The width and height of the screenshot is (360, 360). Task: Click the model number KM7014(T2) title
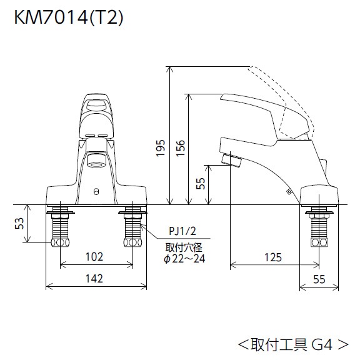(x=69, y=18)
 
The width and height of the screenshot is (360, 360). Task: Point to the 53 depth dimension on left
(x=19, y=222)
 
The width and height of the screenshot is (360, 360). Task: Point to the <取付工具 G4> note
(x=292, y=343)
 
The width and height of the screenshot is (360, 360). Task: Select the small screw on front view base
(x=96, y=192)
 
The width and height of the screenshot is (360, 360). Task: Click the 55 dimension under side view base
(x=319, y=279)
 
